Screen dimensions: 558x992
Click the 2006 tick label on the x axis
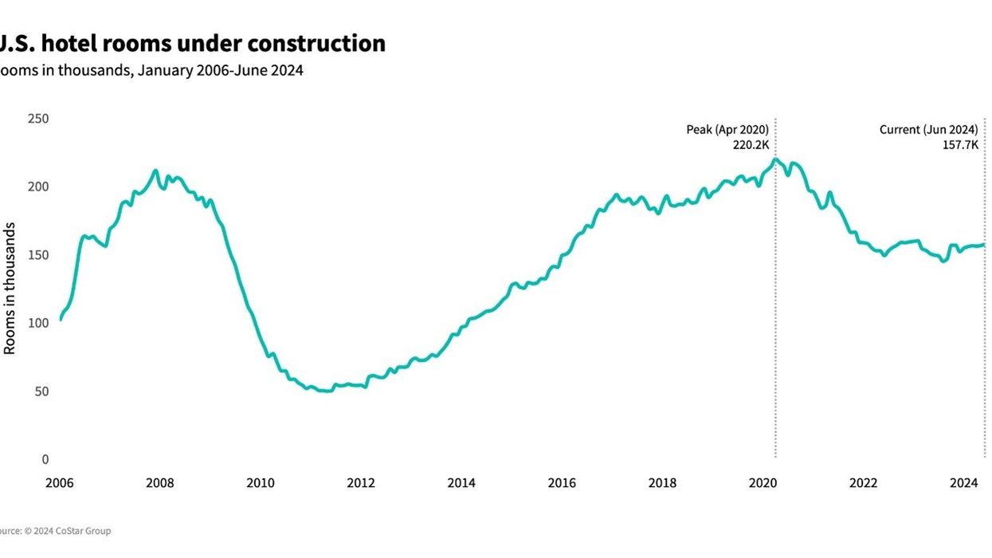click(60, 483)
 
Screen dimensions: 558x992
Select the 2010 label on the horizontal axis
click(261, 483)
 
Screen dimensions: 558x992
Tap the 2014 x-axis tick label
click(461, 483)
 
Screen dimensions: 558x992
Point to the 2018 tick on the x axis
click(662, 483)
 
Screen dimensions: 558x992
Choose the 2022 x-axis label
click(864, 483)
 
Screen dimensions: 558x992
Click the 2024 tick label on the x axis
click(964, 483)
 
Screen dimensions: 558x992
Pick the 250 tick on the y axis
click(38, 119)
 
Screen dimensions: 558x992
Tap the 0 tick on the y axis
click(45, 459)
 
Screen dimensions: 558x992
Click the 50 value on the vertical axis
click(41, 391)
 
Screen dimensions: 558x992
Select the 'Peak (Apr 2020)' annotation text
click(727, 129)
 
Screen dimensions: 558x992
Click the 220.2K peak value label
click(751, 145)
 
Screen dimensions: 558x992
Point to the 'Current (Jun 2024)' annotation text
click(928, 129)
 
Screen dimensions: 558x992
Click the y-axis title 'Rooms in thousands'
click(10, 289)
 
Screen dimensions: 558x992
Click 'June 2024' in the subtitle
click(275, 70)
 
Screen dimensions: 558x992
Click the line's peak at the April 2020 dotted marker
click(775, 159)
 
